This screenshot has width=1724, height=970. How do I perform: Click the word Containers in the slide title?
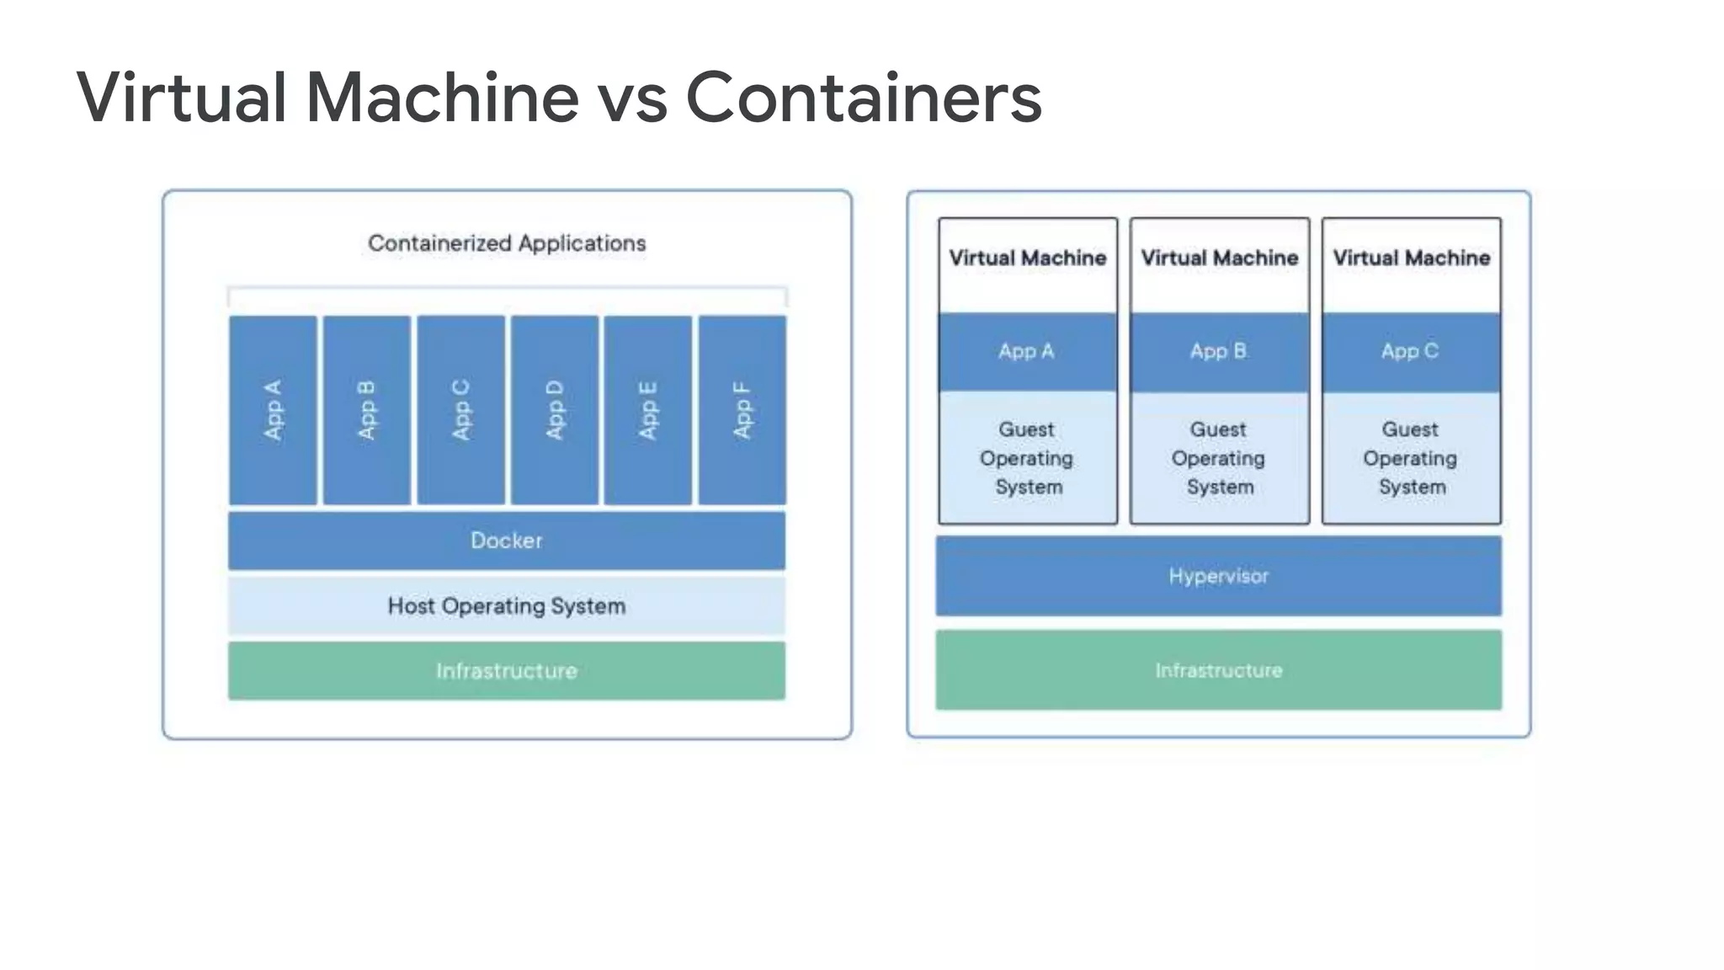[864, 98]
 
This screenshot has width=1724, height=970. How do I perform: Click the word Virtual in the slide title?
[182, 98]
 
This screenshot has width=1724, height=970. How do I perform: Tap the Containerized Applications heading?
[507, 243]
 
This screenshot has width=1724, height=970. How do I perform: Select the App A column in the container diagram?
[273, 410]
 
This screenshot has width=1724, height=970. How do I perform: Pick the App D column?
[554, 410]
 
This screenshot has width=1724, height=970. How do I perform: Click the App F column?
[742, 410]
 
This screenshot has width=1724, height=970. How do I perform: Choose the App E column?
[647, 410]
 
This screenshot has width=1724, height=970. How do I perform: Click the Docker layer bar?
[507, 541]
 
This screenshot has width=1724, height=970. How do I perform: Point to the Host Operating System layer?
[507, 605]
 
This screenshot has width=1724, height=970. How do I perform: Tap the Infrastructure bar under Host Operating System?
[507, 671]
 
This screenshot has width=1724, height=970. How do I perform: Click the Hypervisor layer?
[1218, 576]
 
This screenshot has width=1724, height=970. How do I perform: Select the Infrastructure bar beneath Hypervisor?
[1218, 670]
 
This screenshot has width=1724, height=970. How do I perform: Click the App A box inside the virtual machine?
[1027, 352]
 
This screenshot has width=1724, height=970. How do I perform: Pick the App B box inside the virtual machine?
[1219, 352]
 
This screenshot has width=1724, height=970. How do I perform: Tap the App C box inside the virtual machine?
[1411, 352]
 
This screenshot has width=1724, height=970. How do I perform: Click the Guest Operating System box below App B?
[1219, 458]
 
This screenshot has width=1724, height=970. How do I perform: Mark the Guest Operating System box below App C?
[1411, 458]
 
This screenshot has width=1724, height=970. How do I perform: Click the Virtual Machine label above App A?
[1027, 258]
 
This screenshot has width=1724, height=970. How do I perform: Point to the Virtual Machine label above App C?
[1411, 258]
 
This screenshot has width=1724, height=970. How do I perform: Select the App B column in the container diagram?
[366, 410]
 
